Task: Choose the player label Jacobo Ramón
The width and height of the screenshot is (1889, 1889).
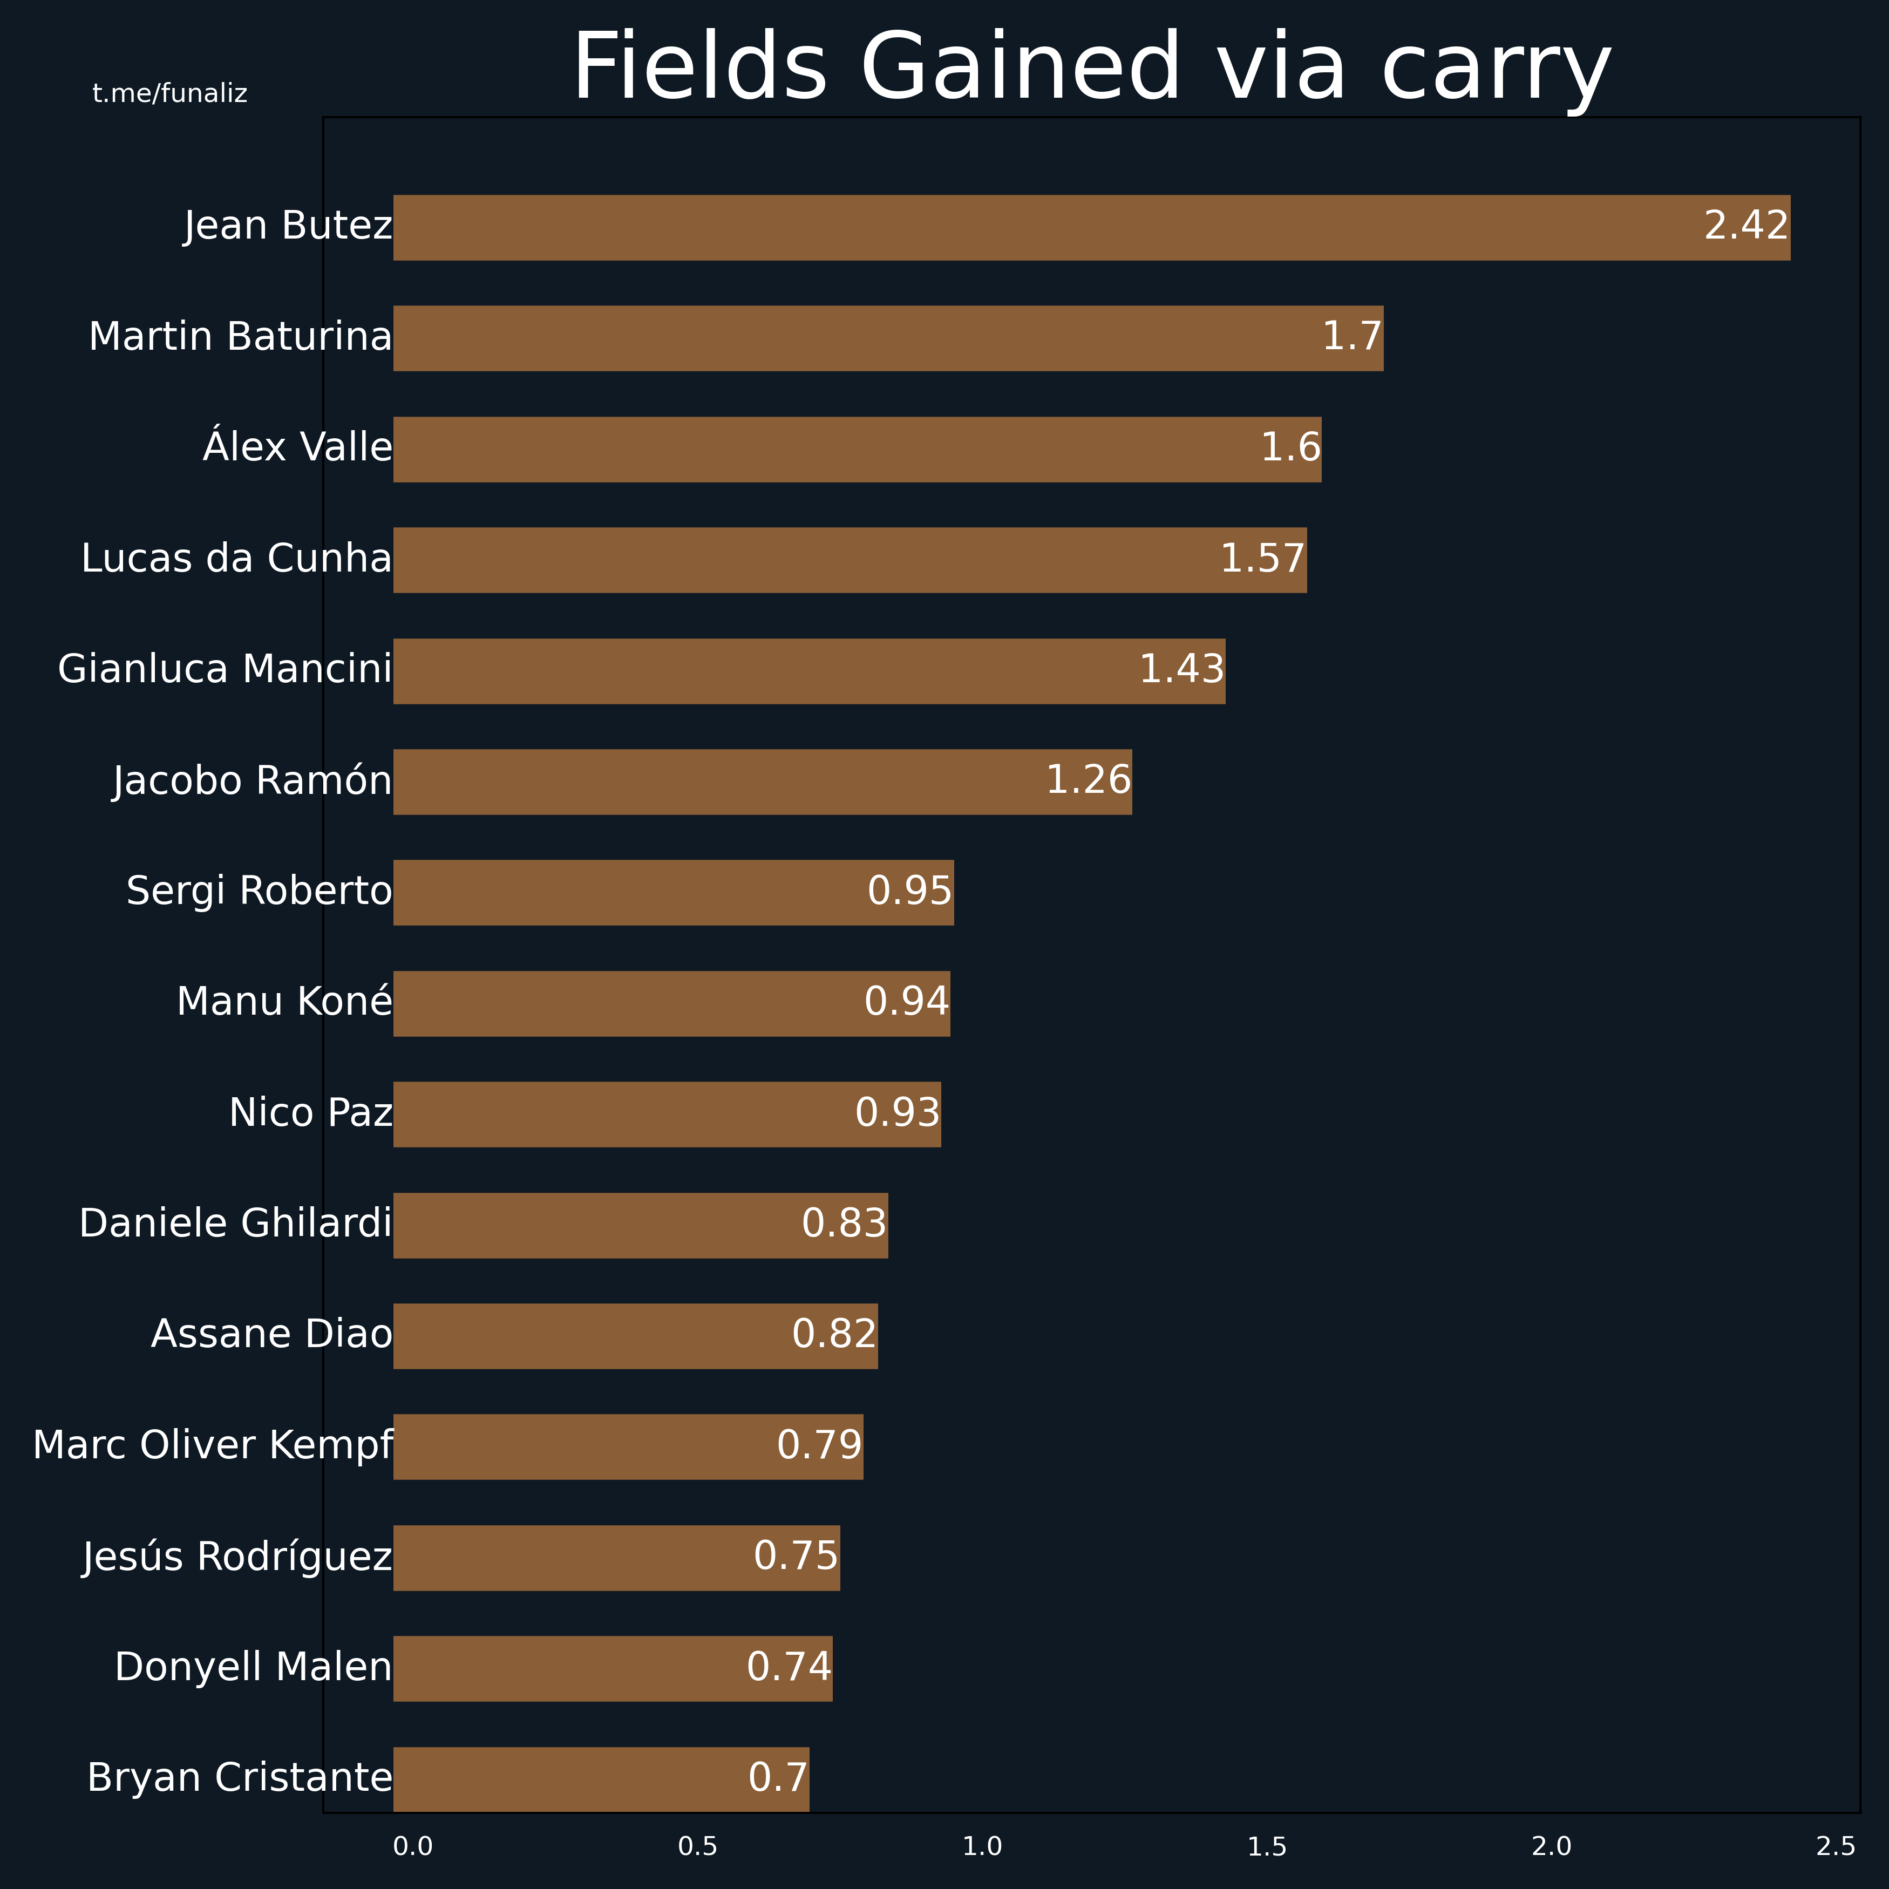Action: (x=252, y=780)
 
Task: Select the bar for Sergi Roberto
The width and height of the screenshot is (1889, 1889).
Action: (x=674, y=893)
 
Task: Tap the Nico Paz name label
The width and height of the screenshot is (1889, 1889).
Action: (x=311, y=1113)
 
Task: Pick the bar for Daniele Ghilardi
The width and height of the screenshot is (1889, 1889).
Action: (x=641, y=1225)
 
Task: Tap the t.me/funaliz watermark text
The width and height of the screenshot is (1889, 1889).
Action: (x=170, y=94)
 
